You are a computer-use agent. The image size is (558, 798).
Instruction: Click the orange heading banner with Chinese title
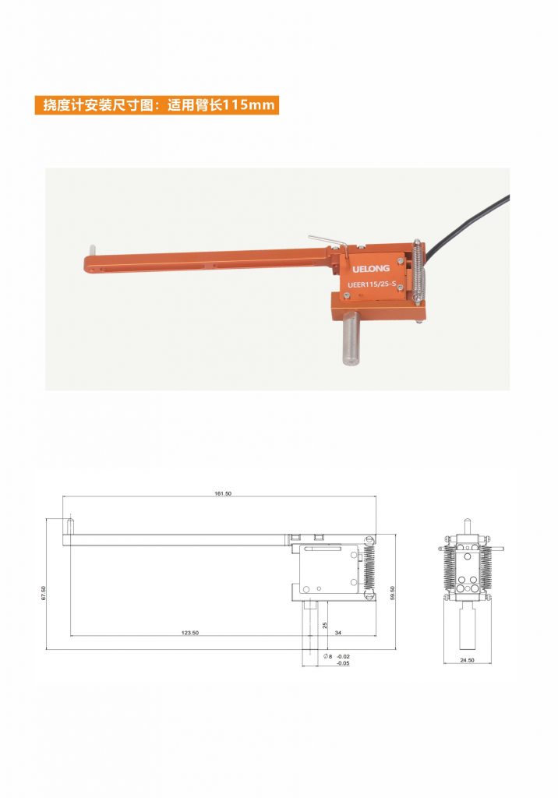coord(157,105)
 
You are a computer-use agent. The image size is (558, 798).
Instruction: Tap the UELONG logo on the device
coord(371,268)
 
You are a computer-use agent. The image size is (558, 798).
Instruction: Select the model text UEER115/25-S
coord(372,285)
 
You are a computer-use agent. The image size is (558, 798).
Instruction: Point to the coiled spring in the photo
coord(418,275)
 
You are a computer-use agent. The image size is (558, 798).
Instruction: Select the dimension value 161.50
coord(222,493)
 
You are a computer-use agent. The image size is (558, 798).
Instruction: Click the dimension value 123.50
coord(190,633)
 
